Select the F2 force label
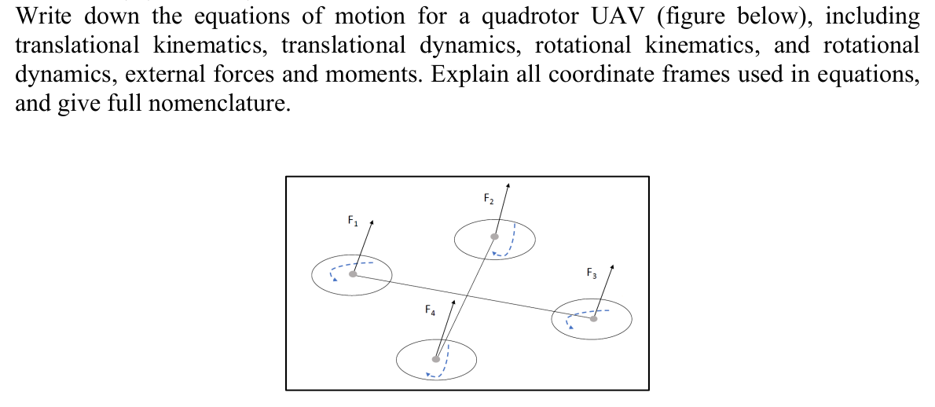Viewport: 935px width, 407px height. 488,198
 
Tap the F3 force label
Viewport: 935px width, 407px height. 592,274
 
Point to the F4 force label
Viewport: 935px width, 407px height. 430,310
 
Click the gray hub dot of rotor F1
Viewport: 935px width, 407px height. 354,273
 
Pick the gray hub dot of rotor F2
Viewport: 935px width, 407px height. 494,236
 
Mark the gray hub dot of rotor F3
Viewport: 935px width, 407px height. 593,318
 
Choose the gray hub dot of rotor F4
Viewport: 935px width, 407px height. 434,360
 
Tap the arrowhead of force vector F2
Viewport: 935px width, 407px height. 508,185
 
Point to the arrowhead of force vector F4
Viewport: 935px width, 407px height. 453,301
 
